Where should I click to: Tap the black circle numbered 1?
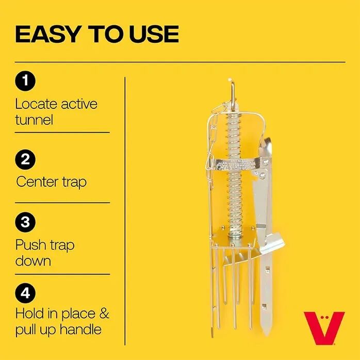25,81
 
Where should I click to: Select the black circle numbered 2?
25,159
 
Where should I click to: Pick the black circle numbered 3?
25,223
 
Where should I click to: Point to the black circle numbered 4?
25,293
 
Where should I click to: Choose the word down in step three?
33,260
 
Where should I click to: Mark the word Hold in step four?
29,313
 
